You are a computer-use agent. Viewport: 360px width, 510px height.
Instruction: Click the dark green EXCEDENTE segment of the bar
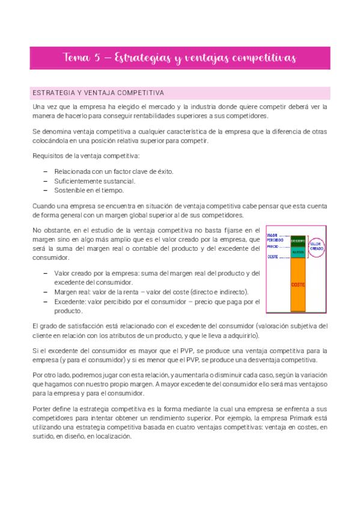(297, 241)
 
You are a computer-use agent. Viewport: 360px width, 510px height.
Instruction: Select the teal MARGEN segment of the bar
(297, 251)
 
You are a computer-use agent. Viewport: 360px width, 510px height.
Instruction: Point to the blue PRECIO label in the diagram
(272, 247)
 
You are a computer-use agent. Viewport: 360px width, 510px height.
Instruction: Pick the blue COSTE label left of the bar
(272, 257)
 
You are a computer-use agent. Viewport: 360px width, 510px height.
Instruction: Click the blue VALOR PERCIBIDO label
(274, 238)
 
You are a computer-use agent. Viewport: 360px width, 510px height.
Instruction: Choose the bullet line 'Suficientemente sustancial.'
(94, 181)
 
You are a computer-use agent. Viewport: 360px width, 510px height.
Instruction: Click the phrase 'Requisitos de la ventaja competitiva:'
(87, 156)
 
